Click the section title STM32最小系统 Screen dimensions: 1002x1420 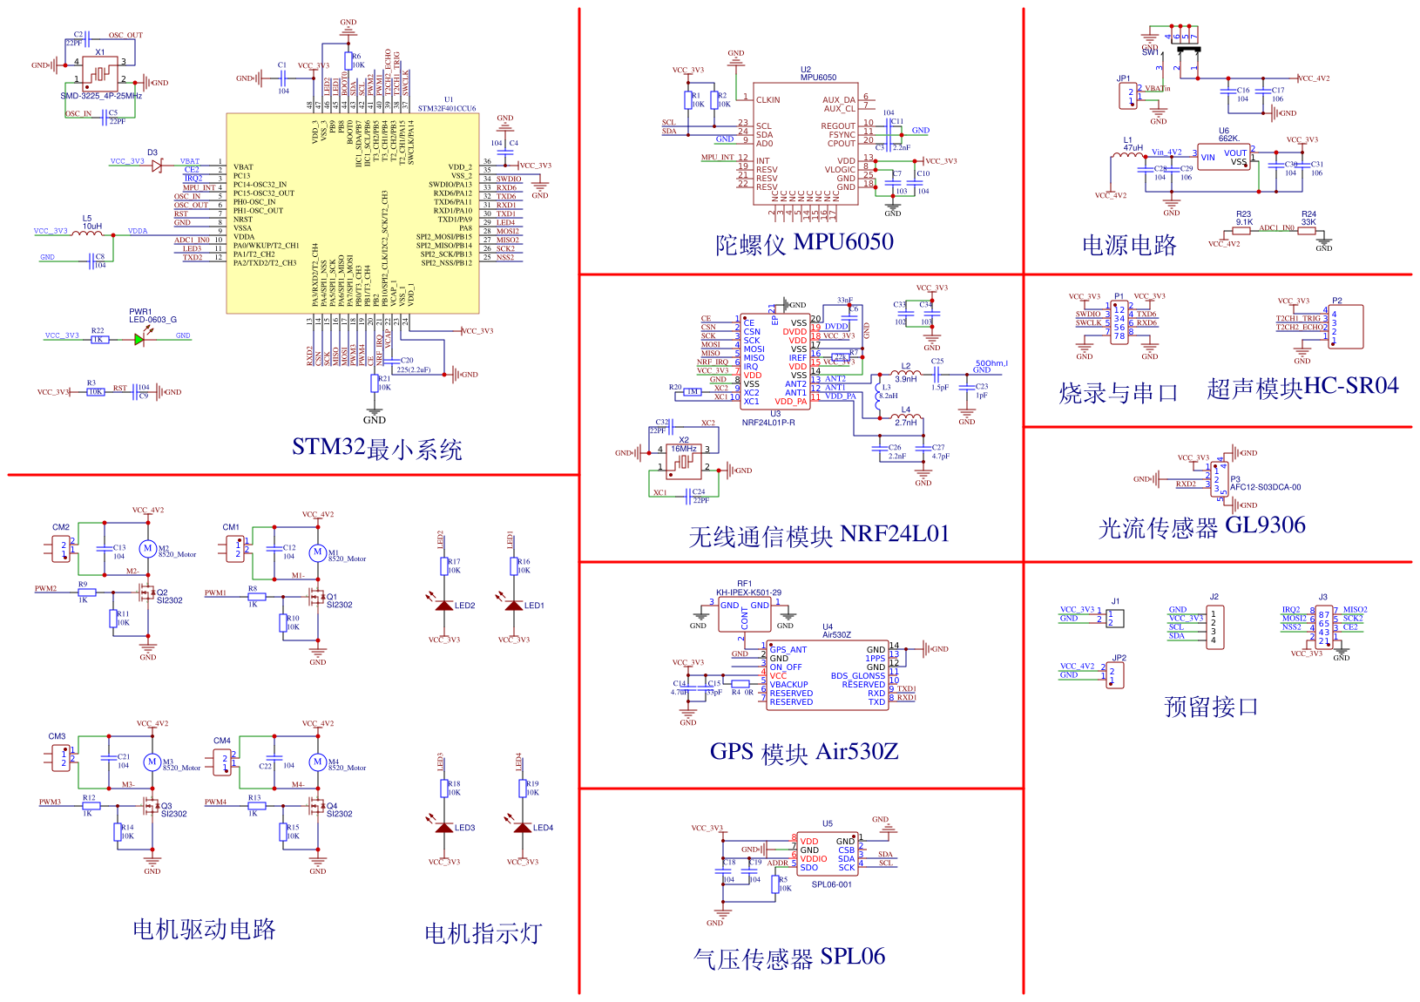376,449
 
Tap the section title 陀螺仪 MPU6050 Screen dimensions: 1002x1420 804,242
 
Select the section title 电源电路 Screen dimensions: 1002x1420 1129,246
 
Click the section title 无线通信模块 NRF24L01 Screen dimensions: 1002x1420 818,535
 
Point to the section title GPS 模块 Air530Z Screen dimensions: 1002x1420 803,752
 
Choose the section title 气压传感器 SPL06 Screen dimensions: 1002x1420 788,958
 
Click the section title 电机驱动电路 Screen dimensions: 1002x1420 204,930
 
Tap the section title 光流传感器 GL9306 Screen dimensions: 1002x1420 1201,526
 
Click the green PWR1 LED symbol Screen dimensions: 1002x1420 139,339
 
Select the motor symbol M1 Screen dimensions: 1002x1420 318,552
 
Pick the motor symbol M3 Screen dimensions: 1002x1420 152,762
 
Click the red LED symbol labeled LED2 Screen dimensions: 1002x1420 444,606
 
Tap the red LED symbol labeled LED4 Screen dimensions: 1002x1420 523,828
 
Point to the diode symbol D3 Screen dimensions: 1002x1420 156,166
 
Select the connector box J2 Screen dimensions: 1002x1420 1213,626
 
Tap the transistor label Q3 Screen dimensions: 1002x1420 166,806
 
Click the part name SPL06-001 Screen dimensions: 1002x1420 831,884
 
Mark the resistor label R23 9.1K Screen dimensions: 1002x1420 1243,218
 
